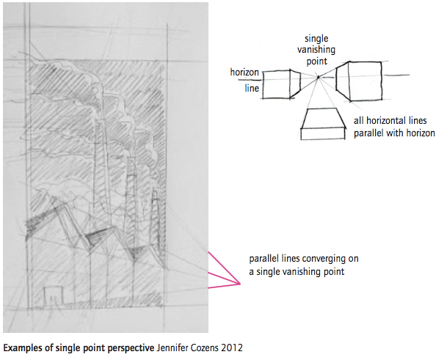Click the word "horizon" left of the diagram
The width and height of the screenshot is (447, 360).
click(244, 73)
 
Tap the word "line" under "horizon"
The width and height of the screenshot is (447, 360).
click(252, 88)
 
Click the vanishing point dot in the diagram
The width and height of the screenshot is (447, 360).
click(319, 76)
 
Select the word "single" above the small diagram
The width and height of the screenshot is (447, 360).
click(316, 39)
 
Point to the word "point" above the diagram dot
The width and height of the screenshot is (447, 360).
click(317, 62)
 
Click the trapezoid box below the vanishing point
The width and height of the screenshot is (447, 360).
click(323, 124)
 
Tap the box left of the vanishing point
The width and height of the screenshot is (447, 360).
click(281, 84)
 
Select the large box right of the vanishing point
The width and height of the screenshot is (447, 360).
click(359, 81)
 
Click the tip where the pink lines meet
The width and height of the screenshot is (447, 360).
click(240, 284)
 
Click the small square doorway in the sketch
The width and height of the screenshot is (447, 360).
click(53, 295)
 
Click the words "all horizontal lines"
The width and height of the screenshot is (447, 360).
click(390, 121)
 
